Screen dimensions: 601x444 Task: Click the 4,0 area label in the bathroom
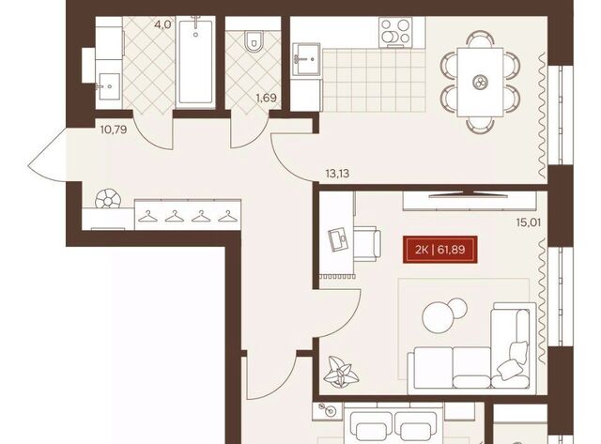coord(162,25)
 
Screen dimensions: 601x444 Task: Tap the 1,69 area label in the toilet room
coord(267,98)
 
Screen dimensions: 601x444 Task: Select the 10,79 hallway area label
coord(114,130)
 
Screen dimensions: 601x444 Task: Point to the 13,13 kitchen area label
coord(337,174)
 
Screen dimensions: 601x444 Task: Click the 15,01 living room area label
coord(529,222)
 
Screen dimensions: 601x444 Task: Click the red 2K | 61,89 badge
coord(439,250)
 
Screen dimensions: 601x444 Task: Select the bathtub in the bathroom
coord(195,63)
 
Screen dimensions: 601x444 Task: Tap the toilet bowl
coord(253,41)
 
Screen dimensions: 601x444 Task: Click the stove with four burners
coord(395,32)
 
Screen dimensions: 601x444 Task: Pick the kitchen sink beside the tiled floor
coord(306,59)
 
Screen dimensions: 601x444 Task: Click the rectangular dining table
coord(480,82)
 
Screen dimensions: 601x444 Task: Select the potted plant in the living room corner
coord(341,371)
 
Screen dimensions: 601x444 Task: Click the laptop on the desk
coord(337,239)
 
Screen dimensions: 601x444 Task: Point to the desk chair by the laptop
coord(367,244)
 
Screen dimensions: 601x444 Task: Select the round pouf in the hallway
coord(108,198)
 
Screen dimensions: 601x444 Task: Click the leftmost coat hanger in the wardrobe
coord(148,217)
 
